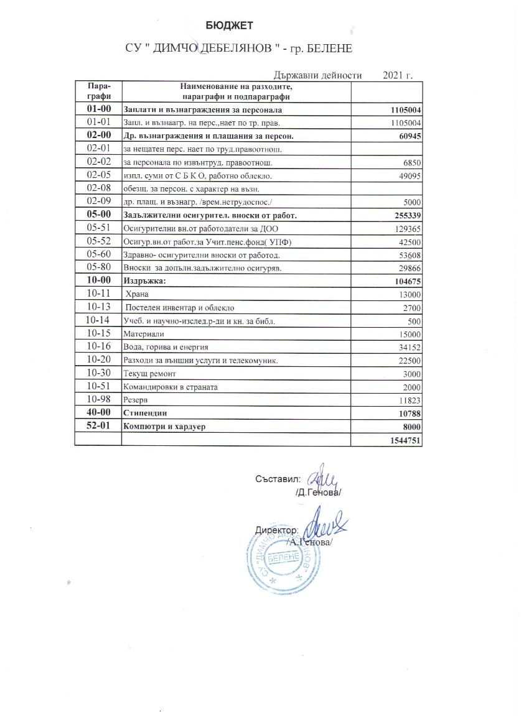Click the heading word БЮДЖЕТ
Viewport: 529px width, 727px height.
(x=230, y=25)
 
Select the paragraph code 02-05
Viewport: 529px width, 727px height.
(x=99, y=175)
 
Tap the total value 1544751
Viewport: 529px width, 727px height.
(x=403, y=440)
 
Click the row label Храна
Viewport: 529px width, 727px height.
(x=138, y=294)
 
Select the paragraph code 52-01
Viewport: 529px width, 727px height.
(x=98, y=426)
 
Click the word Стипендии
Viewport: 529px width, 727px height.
(x=147, y=413)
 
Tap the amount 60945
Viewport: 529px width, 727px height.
(x=408, y=136)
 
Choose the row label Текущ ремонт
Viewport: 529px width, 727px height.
(x=151, y=374)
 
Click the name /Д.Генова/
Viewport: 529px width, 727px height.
(x=318, y=493)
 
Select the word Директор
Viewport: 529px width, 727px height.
(x=277, y=530)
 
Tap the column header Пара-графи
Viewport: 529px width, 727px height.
(x=99, y=91)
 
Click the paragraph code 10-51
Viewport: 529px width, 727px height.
(x=99, y=386)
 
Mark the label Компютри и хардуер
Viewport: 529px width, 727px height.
(x=165, y=426)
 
